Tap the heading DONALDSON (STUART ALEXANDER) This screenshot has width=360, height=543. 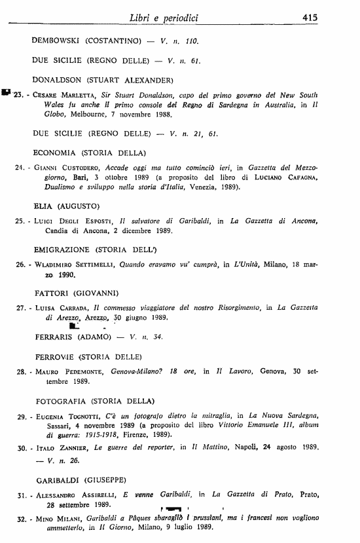click(102, 80)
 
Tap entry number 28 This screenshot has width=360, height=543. click(20, 371)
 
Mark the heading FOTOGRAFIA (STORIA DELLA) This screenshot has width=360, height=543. click(95, 400)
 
